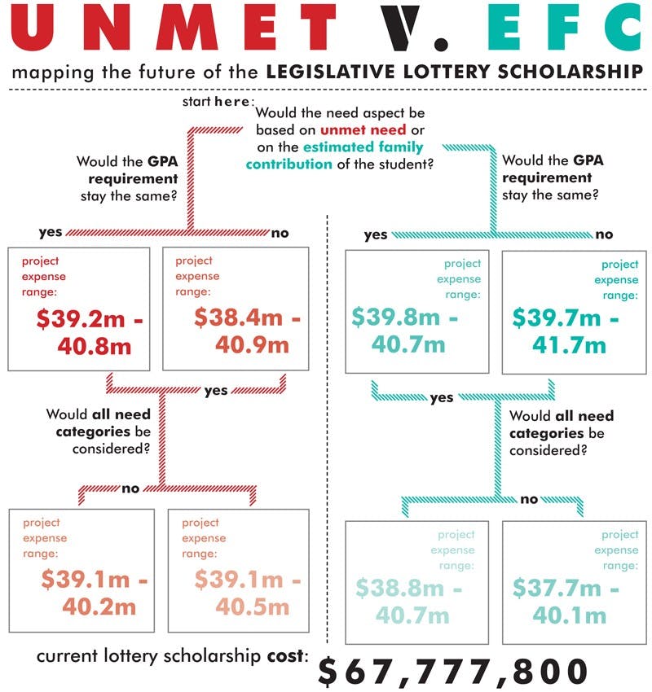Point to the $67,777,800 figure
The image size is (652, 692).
coord(452,671)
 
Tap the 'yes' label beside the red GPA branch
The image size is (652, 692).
coord(51,233)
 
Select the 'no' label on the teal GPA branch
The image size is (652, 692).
coord(604,234)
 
